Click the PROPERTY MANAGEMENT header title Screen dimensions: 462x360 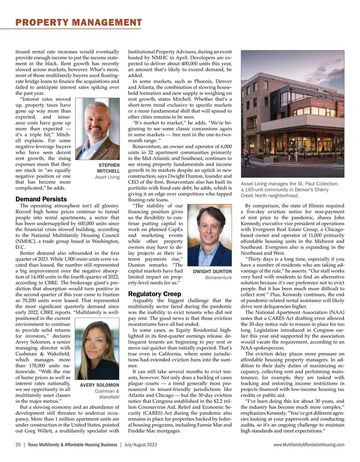pyautogui.click(x=79, y=22)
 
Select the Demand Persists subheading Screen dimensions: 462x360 pyautogui.click(x=41, y=199)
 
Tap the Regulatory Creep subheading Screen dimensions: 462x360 pyautogui.click(x=154, y=294)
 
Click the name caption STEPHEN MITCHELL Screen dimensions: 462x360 pyautogui.click(x=108, y=168)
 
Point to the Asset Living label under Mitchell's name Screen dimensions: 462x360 pyautogui.click(x=107, y=177)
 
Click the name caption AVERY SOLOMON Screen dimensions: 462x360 pyautogui.click(x=100, y=385)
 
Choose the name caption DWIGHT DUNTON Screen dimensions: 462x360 pyautogui.click(x=212, y=271)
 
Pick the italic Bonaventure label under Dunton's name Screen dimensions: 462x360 pyautogui.click(x=218, y=278)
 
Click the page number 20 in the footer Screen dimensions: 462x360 pyautogui.click(x=18, y=445)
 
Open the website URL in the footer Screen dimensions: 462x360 pyautogui.click(x=309, y=445)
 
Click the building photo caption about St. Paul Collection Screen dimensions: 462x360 pyautogui.click(x=289, y=189)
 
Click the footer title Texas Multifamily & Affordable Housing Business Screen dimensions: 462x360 pyautogui.click(x=72, y=445)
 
